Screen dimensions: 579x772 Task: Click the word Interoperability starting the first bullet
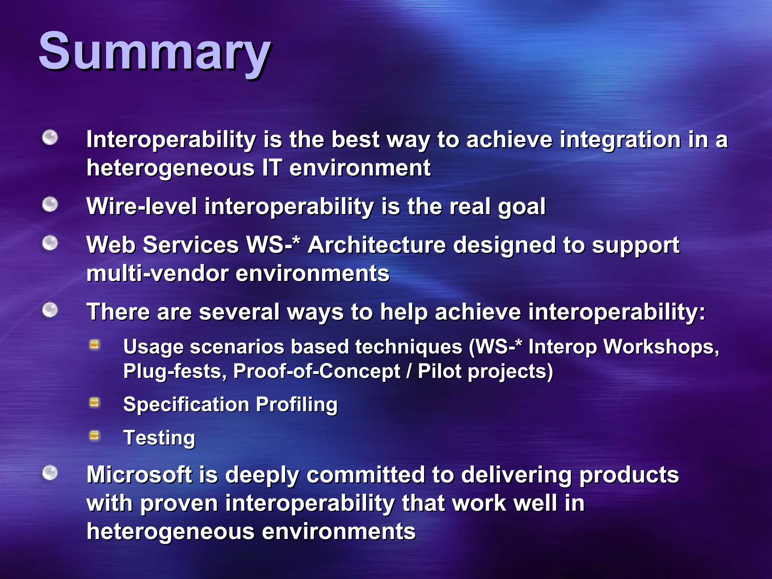pyautogui.click(x=171, y=140)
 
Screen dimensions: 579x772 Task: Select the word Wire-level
pyautogui.click(x=142, y=207)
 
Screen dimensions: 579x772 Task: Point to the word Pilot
pyautogui.click(x=440, y=372)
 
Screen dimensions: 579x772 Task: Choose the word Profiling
pyautogui.click(x=297, y=405)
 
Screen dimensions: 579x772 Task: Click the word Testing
pyautogui.click(x=159, y=438)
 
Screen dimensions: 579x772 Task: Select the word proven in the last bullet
pyautogui.click(x=179, y=504)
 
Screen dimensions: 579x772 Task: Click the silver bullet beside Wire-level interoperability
pyautogui.click(x=50, y=205)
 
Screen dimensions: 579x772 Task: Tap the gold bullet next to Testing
pyautogui.click(x=95, y=436)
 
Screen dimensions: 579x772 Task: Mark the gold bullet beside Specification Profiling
pyautogui.click(x=95, y=403)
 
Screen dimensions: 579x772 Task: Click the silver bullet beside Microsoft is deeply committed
pyautogui.click(x=50, y=473)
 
